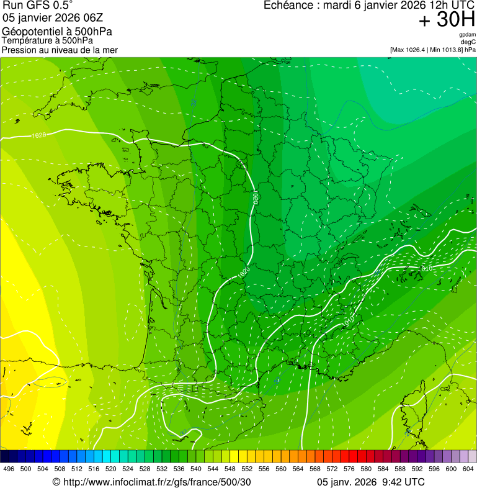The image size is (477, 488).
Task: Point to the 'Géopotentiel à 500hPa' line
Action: click(58, 32)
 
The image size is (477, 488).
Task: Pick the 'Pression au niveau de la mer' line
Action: click(60, 50)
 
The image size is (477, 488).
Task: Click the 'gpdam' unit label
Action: click(467, 35)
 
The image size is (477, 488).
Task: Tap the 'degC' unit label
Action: click(469, 42)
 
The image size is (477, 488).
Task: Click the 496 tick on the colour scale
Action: click(9, 469)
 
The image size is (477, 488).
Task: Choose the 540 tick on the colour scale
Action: click(196, 469)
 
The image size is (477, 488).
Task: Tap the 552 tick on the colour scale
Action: click(247, 469)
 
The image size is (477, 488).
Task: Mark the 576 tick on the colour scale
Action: click(349, 469)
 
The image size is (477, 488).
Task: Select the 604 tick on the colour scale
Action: click(468, 469)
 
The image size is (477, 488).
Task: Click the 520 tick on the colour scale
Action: click(111, 469)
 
